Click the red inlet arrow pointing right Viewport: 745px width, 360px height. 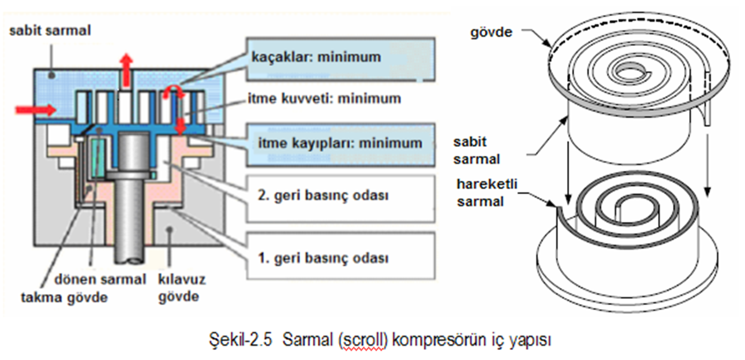click(36, 110)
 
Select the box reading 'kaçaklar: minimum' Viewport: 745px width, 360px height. click(340, 59)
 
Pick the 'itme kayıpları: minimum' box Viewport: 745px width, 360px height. click(340, 145)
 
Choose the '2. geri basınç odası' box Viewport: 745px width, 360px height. click(340, 199)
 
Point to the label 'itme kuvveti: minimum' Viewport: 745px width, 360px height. click(324, 99)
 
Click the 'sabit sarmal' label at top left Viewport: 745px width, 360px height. click(50, 31)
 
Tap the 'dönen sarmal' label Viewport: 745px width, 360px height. click(100, 279)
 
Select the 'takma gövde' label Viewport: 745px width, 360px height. click(64, 297)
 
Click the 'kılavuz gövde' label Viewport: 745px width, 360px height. click(181, 288)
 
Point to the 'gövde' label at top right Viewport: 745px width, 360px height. click(491, 32)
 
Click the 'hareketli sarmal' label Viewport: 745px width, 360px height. click(487, 193)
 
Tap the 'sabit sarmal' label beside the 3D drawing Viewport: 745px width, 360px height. click(476, 151)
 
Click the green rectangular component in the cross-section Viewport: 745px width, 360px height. click(99, 158)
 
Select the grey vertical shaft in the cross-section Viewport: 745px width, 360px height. click(132, 197)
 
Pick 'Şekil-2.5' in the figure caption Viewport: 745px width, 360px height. click(241, 340)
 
